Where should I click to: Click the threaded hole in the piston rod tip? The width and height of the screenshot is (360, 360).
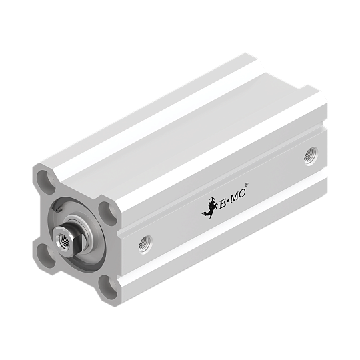pos(63,240)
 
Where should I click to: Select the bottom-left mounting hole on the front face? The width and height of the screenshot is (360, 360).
pos(46,255)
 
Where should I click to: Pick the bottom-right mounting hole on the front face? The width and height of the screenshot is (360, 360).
pos(108,287)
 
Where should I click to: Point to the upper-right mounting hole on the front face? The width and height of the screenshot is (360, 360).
pos(108,214)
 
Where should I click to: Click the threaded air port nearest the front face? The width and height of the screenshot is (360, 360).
pos(145,244)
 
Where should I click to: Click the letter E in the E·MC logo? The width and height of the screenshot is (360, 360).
pos(223,203)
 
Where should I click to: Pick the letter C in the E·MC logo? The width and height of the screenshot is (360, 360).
pos(243,193)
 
